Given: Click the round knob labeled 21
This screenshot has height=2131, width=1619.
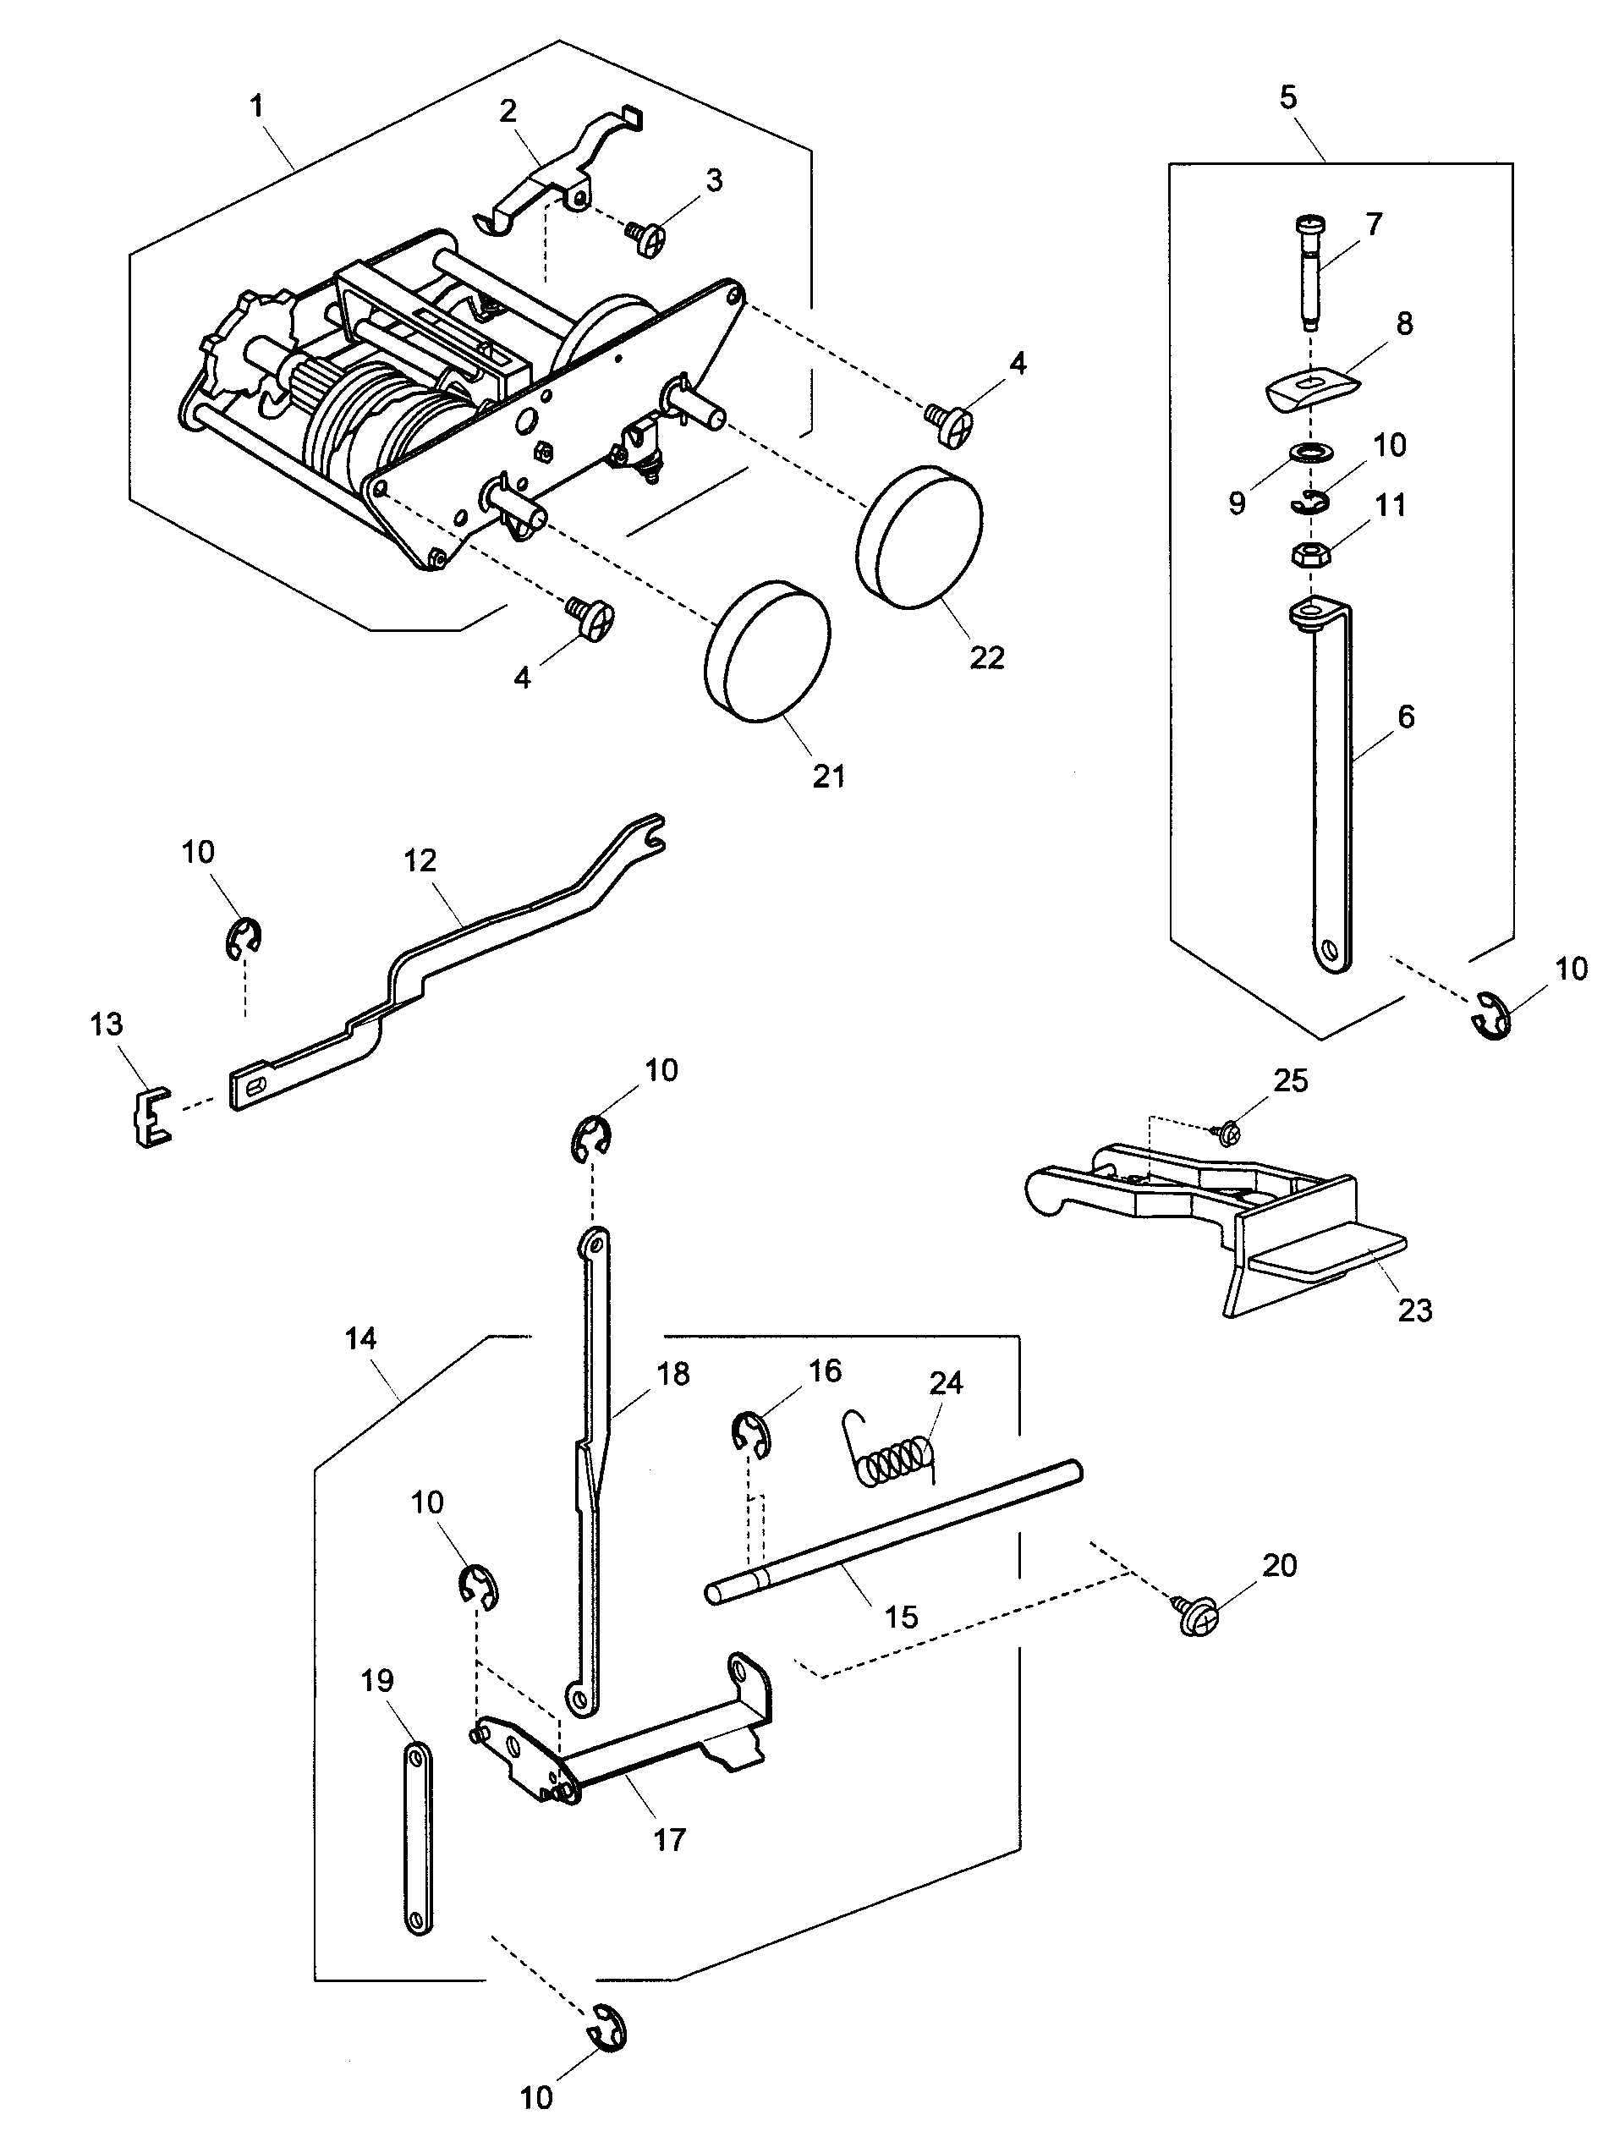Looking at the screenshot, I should pos(768,651).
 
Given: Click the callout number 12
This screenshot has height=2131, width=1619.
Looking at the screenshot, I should pos(420,860).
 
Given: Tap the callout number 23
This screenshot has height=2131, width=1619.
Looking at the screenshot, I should pos(1413,1310).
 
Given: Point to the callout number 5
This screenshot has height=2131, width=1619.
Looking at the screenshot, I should pos(1288,97).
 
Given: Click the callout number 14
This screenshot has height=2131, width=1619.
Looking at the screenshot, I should pos(361,1337).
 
